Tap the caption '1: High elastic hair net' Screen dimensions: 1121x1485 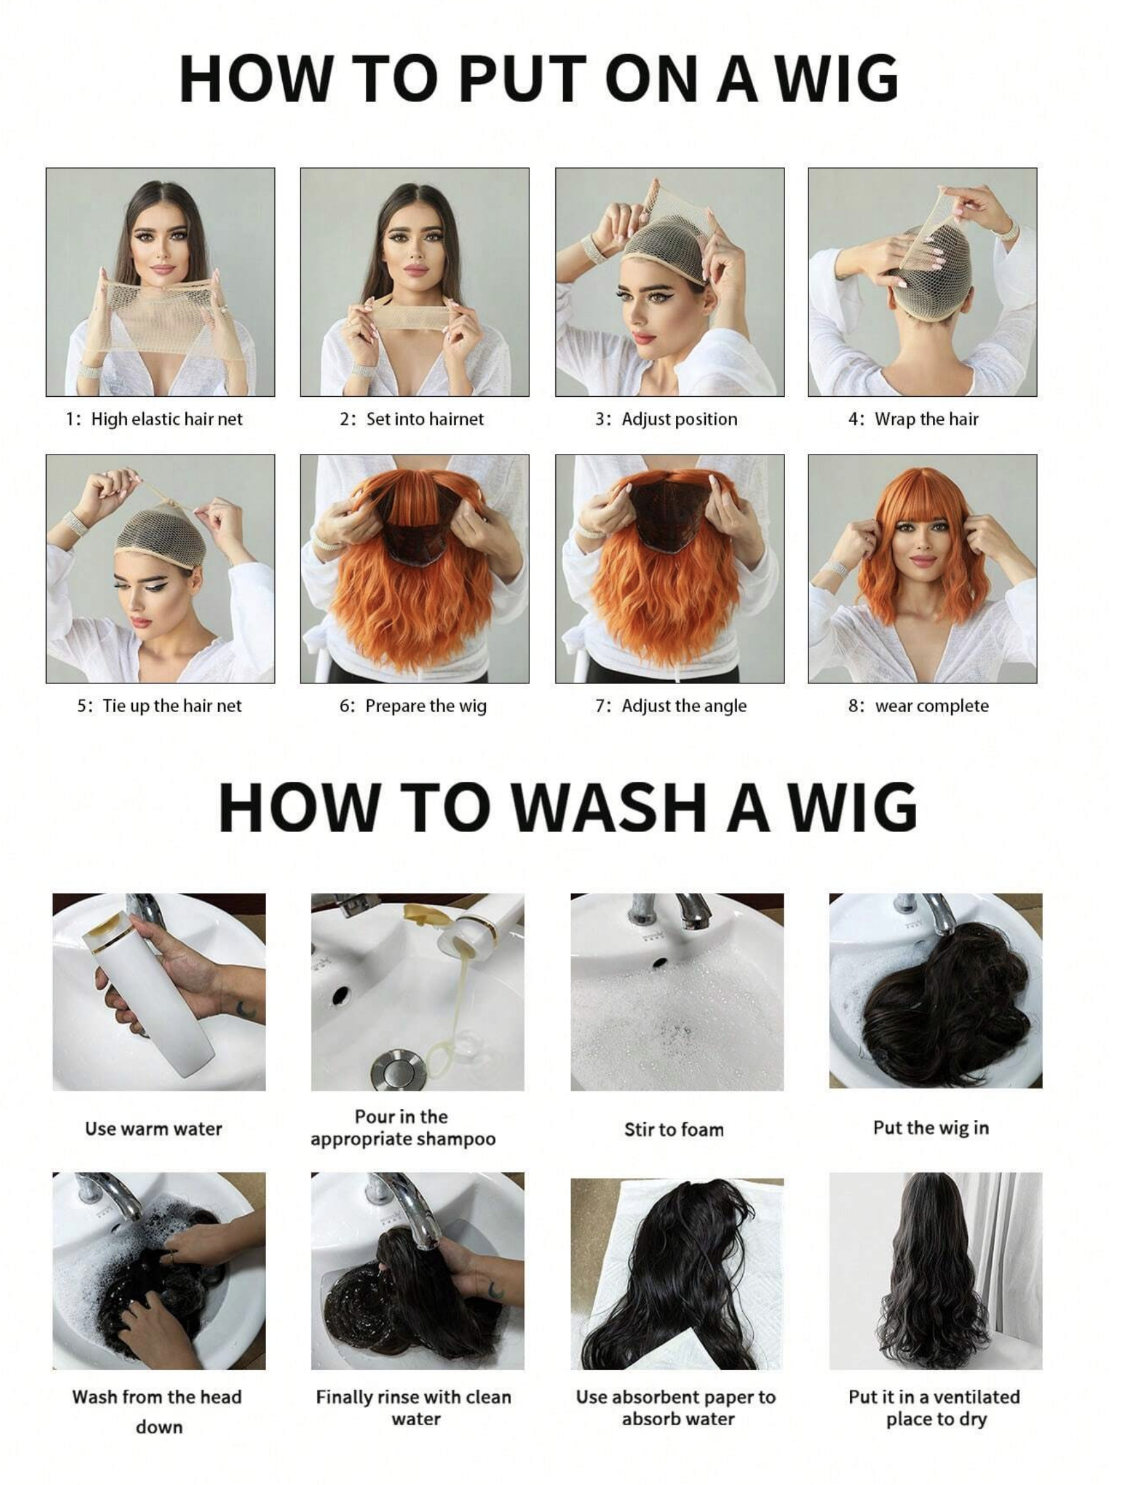154,420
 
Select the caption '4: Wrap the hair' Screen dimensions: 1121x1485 913,420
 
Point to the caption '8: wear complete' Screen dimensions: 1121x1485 918,706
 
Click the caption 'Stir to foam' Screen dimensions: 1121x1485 674,1129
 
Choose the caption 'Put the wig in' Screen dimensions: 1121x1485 931,1128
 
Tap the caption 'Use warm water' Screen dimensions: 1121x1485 153,1128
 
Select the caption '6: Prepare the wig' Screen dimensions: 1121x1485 413,706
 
